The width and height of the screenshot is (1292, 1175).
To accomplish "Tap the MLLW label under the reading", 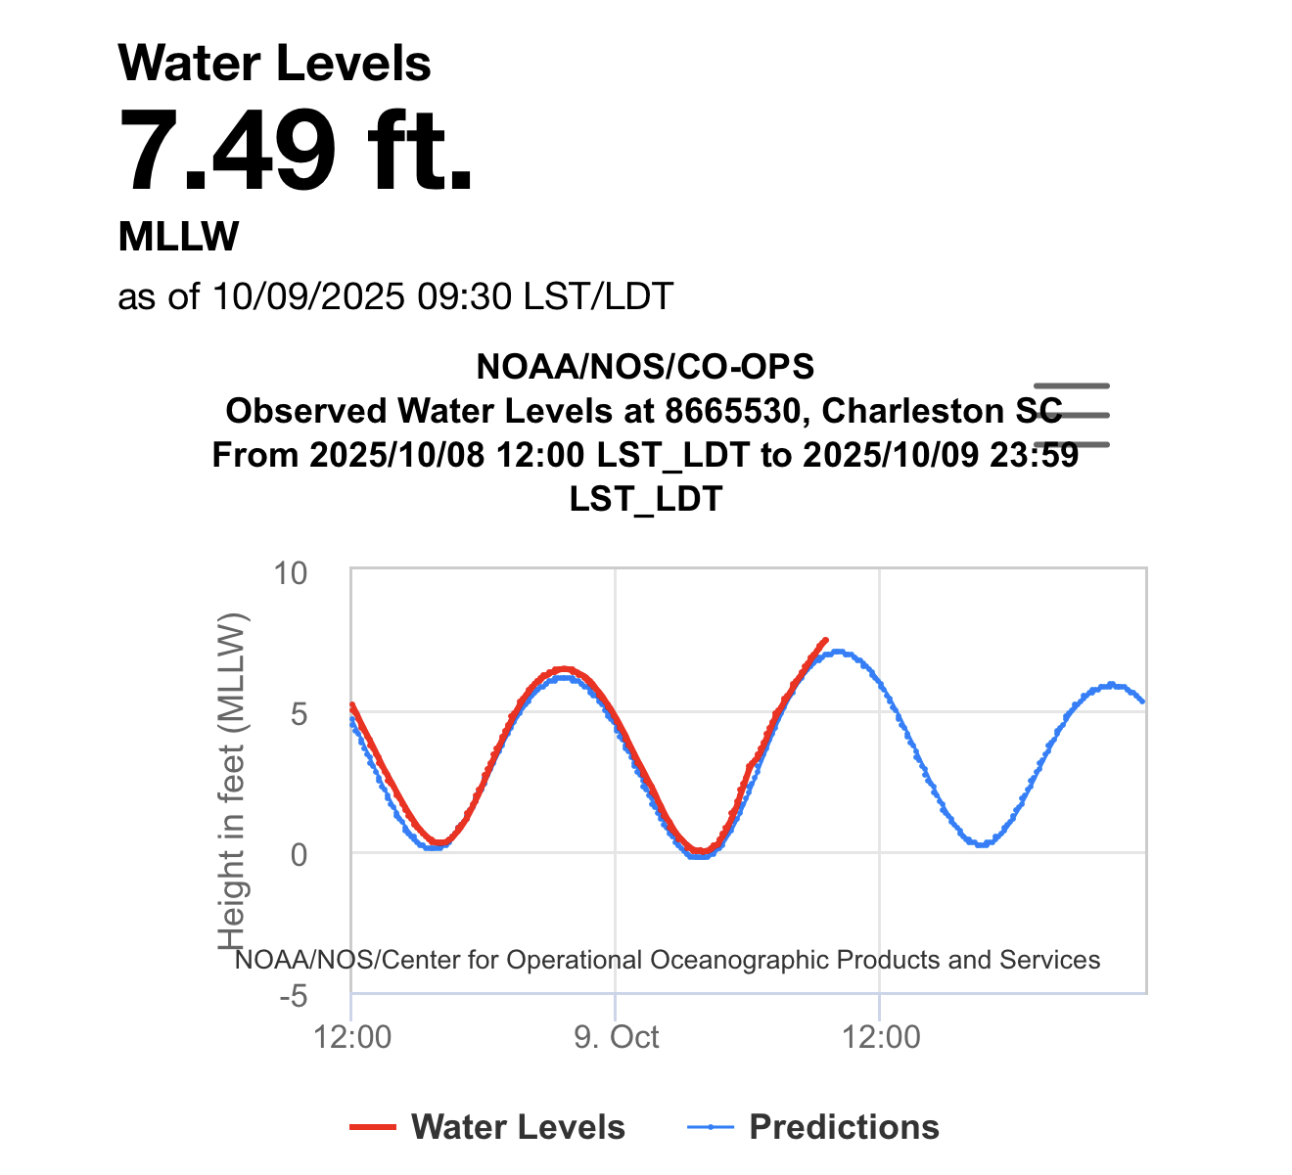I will [178, 237].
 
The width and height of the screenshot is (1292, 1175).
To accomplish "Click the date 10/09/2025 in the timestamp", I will [308, 295].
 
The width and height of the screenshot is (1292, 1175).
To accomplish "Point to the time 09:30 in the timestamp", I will [464, 295].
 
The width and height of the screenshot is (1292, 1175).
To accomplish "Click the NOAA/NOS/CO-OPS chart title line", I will [645, 367].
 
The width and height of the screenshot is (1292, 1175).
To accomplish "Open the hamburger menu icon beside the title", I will [1072, 415].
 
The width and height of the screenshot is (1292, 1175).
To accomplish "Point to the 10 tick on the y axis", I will [290, 572].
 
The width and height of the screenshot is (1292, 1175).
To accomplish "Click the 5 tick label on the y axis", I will [298, 713].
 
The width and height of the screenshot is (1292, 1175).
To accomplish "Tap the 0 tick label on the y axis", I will [298, 854].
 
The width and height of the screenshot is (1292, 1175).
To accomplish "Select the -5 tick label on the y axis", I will [293, 996].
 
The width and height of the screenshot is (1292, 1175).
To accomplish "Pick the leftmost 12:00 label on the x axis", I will [352, 1037].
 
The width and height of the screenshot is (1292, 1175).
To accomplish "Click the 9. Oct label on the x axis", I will [617, 1037].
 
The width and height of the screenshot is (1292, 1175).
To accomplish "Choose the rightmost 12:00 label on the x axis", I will [881, 1037].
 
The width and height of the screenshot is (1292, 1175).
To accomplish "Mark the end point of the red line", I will [826, 639].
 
